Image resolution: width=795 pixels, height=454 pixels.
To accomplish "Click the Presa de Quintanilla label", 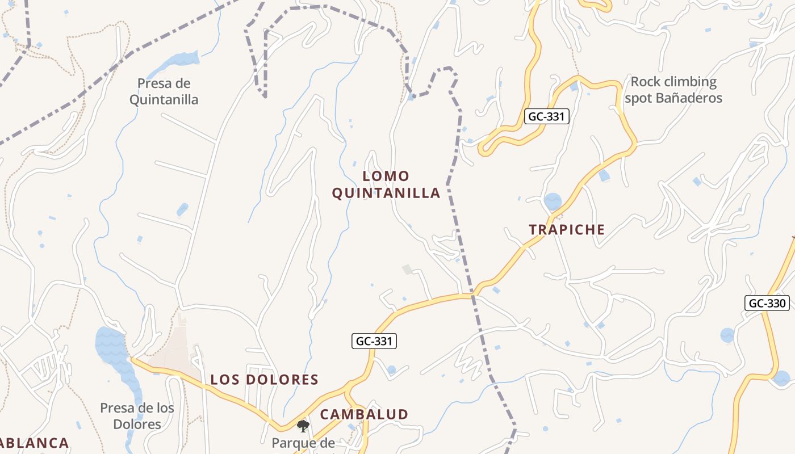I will [164, 91].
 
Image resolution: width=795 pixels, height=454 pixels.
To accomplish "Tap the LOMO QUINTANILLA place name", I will [386, 184].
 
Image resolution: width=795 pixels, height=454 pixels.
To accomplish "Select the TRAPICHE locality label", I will [567, 230].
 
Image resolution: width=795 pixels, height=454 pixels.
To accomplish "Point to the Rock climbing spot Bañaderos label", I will [673, 90].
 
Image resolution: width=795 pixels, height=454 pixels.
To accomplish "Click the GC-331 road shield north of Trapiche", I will [546, 116].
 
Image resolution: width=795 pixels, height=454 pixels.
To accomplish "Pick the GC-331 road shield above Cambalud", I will [373, 341].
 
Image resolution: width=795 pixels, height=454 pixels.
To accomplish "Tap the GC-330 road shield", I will [767, 303].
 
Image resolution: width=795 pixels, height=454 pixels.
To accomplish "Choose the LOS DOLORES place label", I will [265, 380].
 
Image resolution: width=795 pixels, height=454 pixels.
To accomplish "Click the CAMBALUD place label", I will [364, 414].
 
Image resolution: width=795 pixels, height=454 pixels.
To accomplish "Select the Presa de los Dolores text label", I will [137, 415].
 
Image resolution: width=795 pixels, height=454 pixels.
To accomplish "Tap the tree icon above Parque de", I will [303, 426].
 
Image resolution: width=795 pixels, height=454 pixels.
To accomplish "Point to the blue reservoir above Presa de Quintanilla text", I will [181, 58].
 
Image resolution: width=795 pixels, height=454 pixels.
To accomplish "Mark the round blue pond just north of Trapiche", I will [553, 201].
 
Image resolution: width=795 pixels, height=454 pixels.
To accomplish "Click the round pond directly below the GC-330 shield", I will [727, 335].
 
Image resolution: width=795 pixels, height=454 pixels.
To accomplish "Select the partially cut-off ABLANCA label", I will [34, 443].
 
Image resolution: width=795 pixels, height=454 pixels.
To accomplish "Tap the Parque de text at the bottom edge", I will [303, 443].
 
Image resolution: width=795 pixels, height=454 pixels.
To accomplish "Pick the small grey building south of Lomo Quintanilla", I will [407, 269].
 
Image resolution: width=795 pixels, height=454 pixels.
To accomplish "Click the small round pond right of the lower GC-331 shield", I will [391, 370].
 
